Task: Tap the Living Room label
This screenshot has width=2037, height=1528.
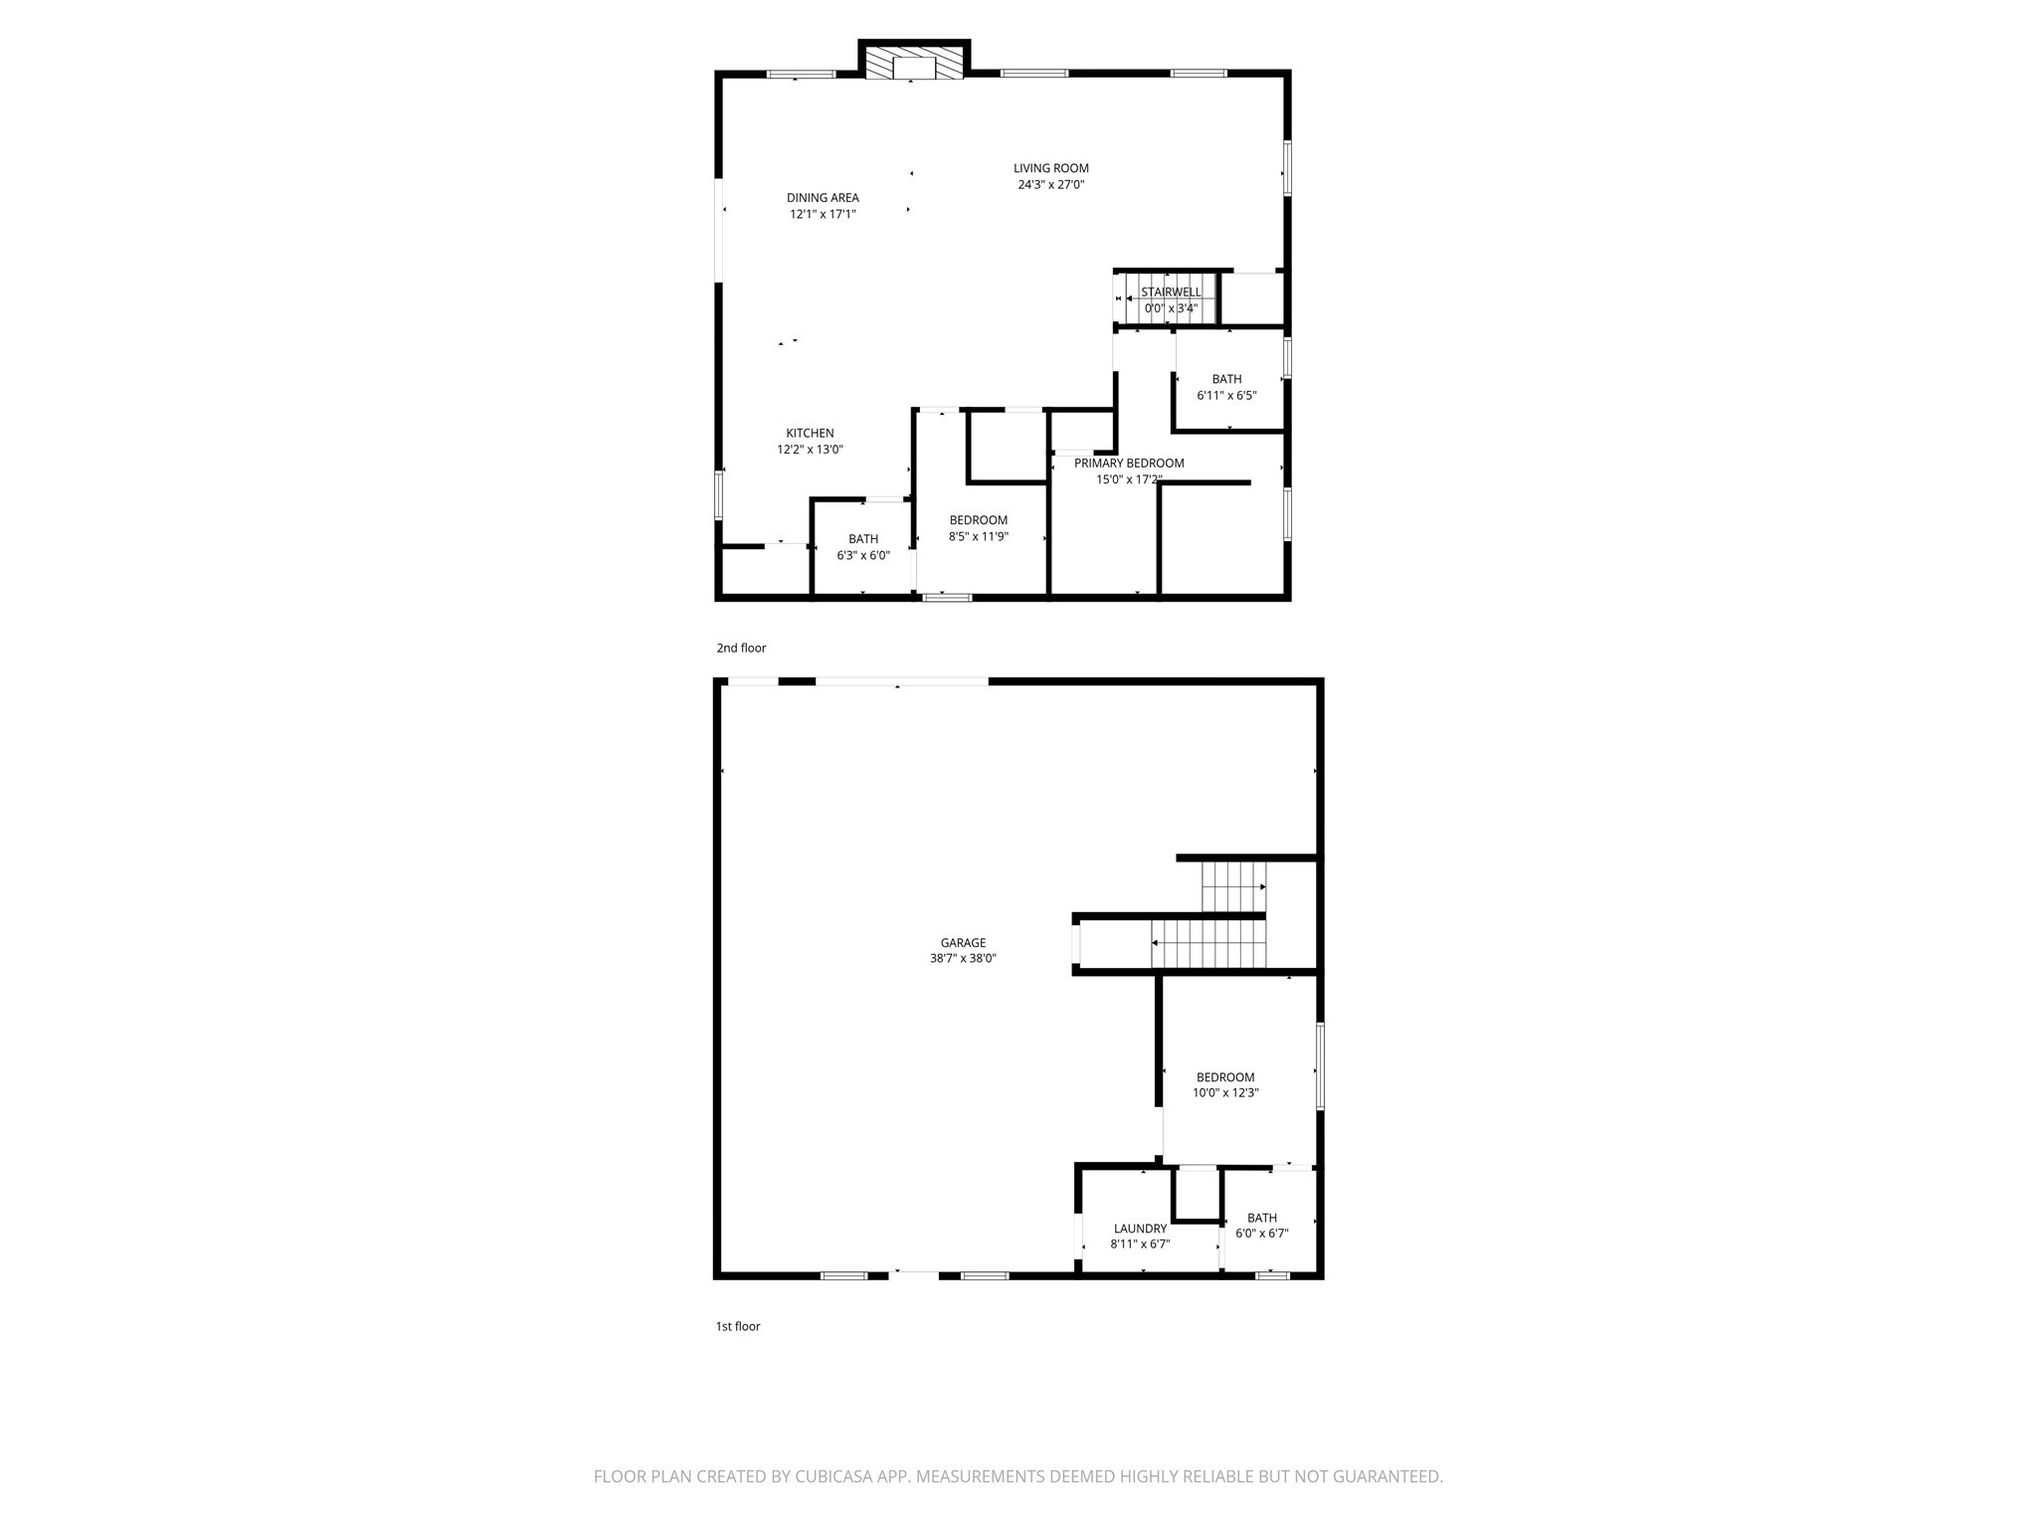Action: (1050, 168)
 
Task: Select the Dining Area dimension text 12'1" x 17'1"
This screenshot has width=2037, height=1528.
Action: (823, 214)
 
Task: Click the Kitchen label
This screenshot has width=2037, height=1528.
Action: (810, 433)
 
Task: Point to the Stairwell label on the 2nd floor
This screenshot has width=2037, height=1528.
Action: (1171, 291)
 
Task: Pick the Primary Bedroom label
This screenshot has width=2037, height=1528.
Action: (1129, 463)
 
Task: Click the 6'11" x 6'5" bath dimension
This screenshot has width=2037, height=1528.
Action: (1226, 395)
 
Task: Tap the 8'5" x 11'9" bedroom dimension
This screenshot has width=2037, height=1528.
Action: (978, 536)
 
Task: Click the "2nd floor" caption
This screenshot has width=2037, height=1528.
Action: (741, 648)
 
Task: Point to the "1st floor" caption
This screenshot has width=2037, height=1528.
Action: (738, 1326)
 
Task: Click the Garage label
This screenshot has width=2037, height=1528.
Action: (963, 942)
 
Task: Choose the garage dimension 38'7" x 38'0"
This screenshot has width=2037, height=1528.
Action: (963, 959)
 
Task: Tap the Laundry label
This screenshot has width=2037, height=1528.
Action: (1140, 1229)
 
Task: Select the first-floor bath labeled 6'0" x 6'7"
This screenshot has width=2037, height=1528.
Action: (1261, 1226)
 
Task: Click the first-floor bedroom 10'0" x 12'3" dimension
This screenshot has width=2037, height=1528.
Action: (1225, 1092)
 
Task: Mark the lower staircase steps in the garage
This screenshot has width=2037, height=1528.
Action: (1208, 944)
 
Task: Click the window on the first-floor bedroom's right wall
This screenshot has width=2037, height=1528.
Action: (1320, 1065)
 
